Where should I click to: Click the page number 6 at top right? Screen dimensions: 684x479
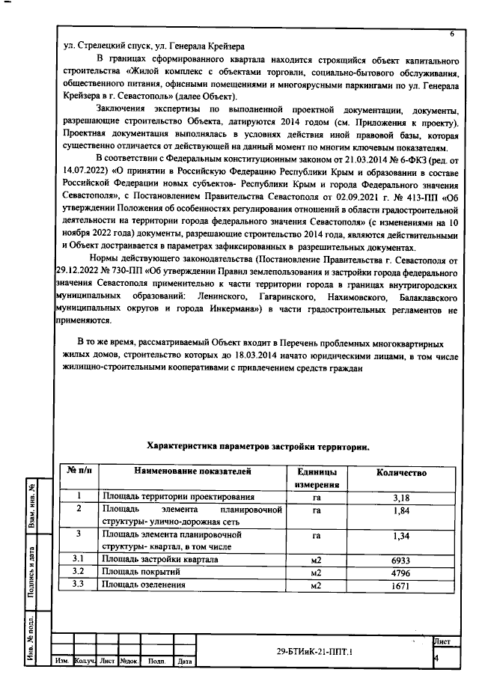tap(451, 34)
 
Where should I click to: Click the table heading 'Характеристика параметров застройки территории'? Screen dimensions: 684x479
tap(258, 446)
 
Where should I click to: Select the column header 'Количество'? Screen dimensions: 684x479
tap(401, 473)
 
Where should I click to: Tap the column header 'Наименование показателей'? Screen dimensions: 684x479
tap(192, 472)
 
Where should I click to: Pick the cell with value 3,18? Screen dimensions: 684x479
tap(401, 497)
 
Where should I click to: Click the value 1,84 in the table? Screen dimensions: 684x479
tap(401, 510)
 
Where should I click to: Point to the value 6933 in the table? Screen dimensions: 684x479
tap(401, 560)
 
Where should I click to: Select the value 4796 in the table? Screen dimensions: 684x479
tap(401, 572)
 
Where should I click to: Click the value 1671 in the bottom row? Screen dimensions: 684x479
tap(401, 585)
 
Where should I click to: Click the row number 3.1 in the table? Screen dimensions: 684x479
tap(78, 560)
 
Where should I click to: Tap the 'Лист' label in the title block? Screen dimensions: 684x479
tap(442, 642)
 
